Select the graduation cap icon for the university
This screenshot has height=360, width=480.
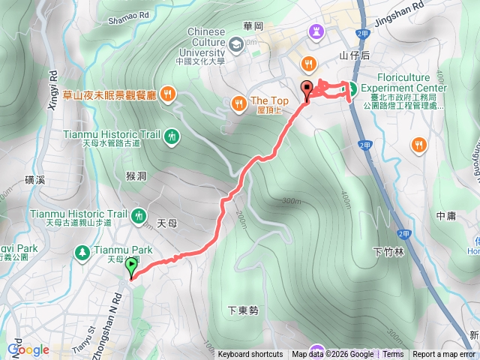236,46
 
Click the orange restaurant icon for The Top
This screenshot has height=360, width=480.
238,102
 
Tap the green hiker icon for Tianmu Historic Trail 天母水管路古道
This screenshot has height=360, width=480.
172,136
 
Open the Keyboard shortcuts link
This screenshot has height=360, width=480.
250,355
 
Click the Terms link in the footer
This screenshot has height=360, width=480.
393,355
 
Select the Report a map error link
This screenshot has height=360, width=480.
445,355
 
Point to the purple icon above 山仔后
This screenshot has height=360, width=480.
313,31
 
